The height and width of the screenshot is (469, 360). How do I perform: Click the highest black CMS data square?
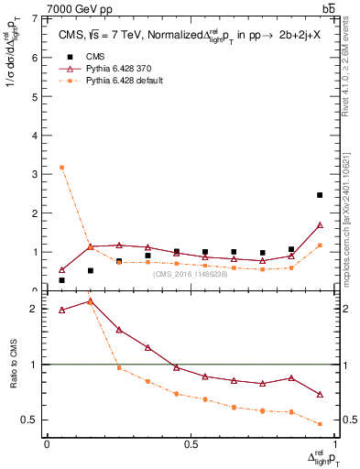point(320,195)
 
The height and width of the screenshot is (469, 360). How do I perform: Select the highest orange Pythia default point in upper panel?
point(61,168)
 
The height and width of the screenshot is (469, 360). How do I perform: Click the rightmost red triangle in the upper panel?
point(320,225)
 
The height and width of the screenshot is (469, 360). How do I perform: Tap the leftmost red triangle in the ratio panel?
point(61,311)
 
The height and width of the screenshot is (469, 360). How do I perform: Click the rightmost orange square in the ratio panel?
point(320,424)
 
